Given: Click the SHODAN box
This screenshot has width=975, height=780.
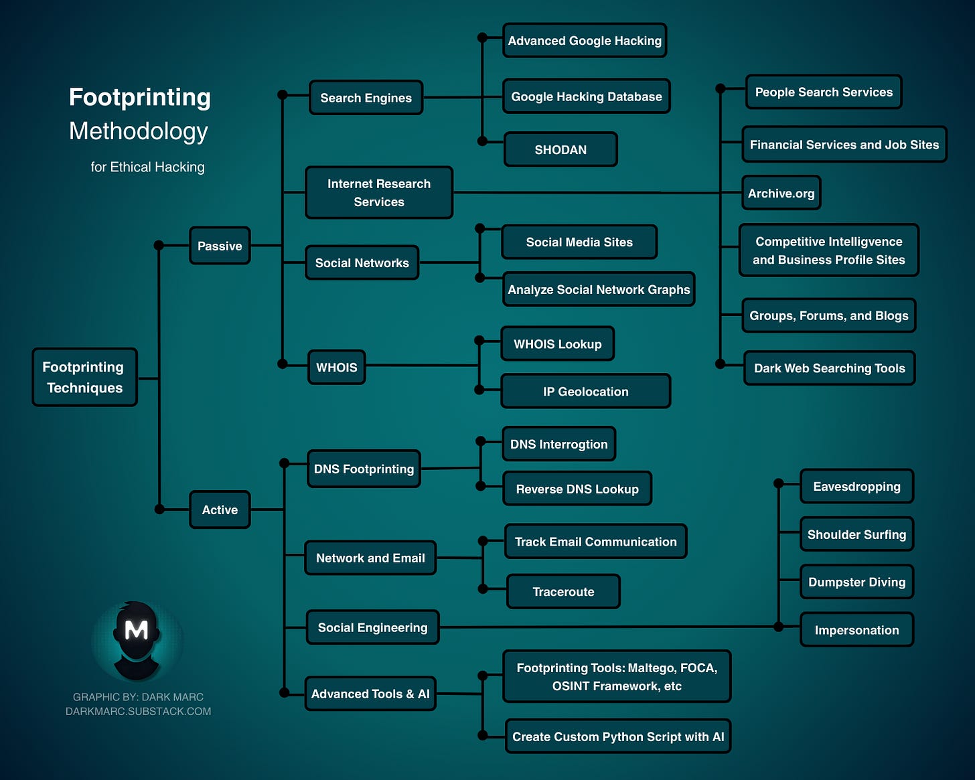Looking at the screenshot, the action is pos(560,149).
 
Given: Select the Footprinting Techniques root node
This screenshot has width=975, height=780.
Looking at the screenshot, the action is pos(84,377).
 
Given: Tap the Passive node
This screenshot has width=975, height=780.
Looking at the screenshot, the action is pos(220,246).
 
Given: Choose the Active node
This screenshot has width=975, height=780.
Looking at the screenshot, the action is pos(220,510).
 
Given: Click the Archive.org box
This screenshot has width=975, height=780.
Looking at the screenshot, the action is pos(781,193).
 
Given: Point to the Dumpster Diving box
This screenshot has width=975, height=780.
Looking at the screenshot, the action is pos(856,582).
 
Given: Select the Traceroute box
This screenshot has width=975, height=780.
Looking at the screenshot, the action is pos(563,591).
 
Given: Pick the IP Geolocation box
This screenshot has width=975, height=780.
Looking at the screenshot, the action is pos(585,391).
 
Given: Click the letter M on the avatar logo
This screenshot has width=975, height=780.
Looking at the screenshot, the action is pos(137,630).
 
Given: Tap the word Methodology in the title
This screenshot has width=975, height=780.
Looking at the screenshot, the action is pos(139,131).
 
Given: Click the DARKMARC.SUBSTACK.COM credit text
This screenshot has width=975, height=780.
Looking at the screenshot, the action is pos(138,711).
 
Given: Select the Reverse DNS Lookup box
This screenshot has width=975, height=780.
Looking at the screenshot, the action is pos(577,489).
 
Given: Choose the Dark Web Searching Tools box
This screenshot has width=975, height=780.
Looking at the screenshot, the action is pos(829,368).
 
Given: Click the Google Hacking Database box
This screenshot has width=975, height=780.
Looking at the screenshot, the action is pos(586,96).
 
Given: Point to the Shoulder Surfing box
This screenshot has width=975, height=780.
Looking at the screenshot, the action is pos(856,534).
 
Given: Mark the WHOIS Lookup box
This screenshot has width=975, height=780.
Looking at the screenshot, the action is pos(557,343).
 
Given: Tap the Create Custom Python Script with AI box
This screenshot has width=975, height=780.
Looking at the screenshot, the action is pos(617,736).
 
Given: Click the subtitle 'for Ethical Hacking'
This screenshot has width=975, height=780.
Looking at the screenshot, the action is pos(147,167).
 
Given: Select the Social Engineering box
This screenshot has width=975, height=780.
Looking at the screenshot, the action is pos(372,627).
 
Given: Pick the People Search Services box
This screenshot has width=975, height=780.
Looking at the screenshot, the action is pos(824,92).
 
